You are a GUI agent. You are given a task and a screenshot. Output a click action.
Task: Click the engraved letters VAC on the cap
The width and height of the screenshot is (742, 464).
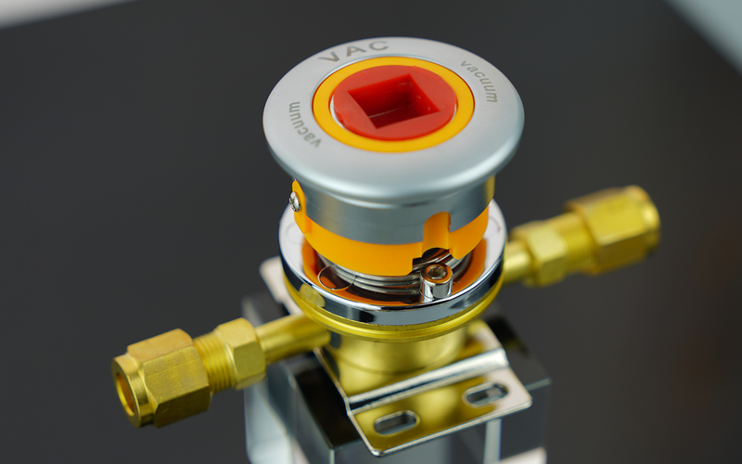[x=353, y=51]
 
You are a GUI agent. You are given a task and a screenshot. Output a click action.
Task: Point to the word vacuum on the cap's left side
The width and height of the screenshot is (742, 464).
[x=305, y=124]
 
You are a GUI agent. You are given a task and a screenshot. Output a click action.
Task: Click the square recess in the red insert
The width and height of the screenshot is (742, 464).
[x=393, y=99]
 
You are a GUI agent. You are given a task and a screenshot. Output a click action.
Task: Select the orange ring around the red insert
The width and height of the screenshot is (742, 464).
[x=392, y=104]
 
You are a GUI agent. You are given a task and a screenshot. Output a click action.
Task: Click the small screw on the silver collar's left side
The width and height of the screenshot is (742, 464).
[x=295, y=202]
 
